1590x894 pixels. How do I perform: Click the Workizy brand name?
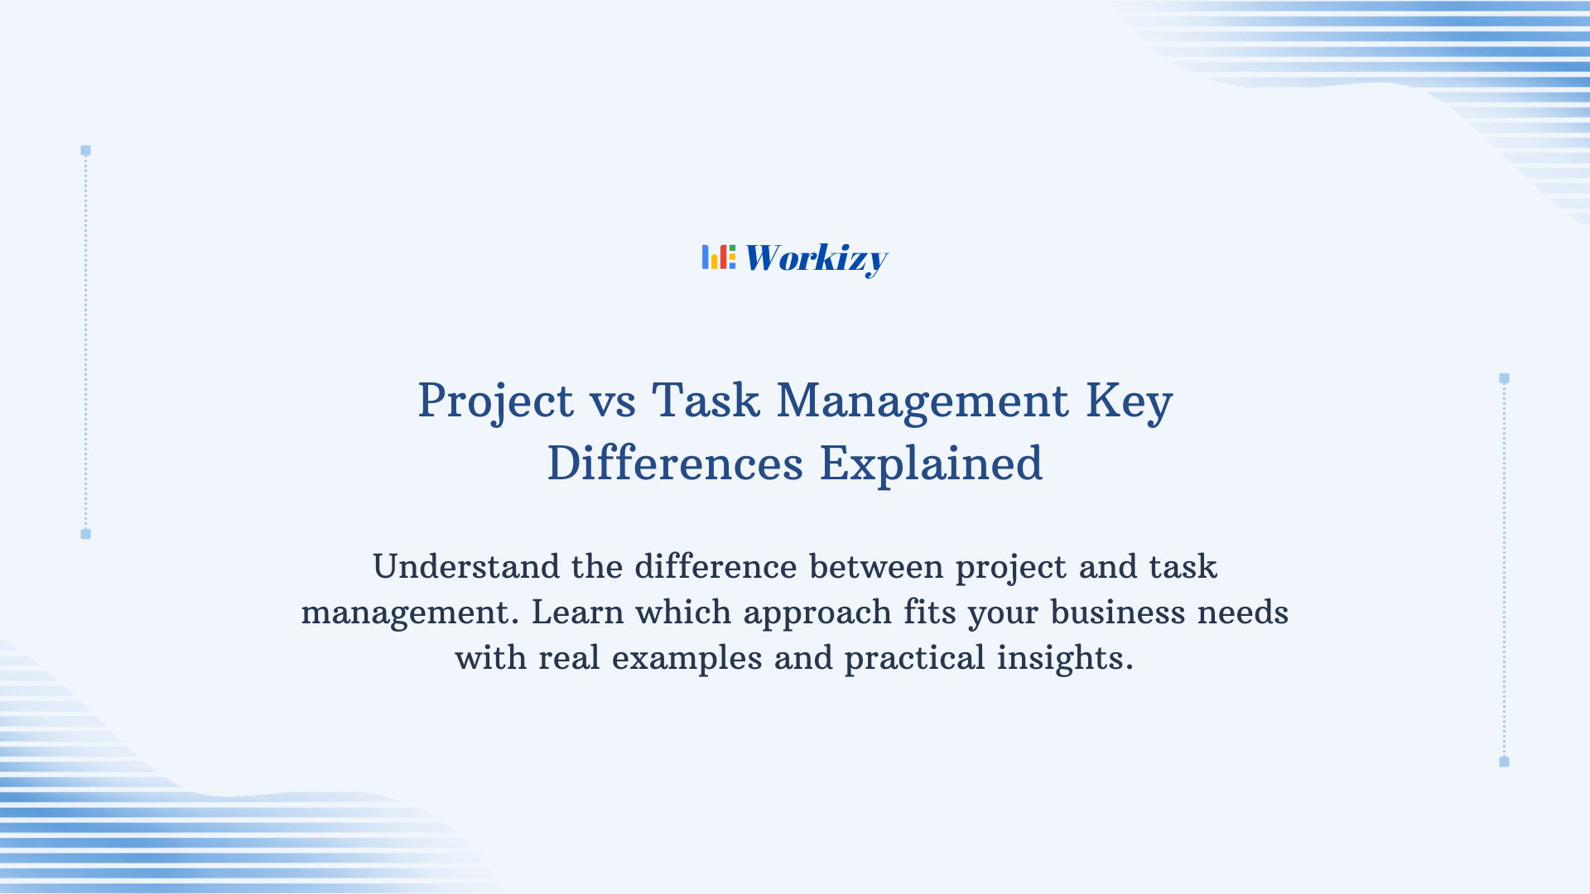coord(816,258)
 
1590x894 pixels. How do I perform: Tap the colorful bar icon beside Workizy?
coord(719,257)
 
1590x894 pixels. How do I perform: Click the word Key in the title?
coord(1129,401)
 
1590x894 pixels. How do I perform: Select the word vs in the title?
coord(613,401)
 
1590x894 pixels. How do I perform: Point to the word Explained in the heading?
coord(931,464)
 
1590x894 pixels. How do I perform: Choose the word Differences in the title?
coord(675,464)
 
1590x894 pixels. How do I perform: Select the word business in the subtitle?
coord(1118,613)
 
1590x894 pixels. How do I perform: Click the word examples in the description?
coord(687,659)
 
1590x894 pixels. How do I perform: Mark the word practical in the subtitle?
coord(914,659)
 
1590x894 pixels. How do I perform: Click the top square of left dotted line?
coord(85,151)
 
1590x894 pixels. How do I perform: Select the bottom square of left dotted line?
coord(85,534)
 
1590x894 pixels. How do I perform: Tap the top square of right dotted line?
coord(1504,378)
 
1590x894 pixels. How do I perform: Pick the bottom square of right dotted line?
coord(1504,762)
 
